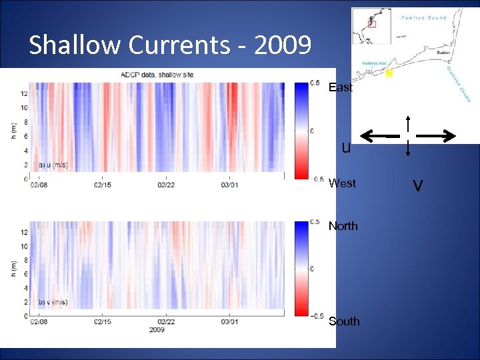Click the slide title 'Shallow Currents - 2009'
(x=170, y=45)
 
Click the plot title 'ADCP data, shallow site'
(x=157, y=75)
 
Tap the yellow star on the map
(x=389, y=74)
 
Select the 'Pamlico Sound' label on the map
(x=424, y=17)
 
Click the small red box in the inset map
(x=372, y=23)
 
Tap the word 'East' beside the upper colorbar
(x=341, y=87)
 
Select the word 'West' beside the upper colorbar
(x=342, y=183)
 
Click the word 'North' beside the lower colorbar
(x=343, y=226)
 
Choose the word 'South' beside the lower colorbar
(x=344, y=321)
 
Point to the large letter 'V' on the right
(x=418, y=186)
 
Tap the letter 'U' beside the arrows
(x=346, y=148)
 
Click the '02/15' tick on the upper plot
(x=102, y=185)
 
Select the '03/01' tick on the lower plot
(x=229, y=321)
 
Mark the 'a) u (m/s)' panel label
(x=53, y=165)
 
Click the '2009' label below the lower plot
(x=157, y=330)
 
